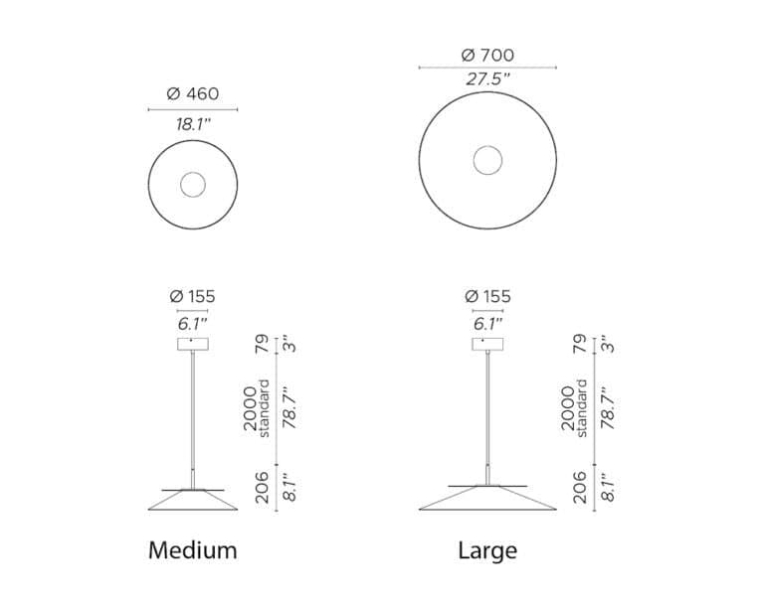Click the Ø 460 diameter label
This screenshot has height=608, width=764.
[193, 93]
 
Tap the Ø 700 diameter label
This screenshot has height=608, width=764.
[487, 55]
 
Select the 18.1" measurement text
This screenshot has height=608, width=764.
[193, 124]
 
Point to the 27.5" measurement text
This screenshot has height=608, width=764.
[487, 78]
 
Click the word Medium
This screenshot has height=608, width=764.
[193, 550]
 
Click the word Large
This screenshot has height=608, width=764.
[487, 550]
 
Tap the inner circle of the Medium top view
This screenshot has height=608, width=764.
[193, 172]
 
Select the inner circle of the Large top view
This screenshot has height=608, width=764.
[487, 146]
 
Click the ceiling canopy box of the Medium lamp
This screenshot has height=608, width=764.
[193, 344]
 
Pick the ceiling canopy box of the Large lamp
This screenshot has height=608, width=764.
[487, 344]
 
